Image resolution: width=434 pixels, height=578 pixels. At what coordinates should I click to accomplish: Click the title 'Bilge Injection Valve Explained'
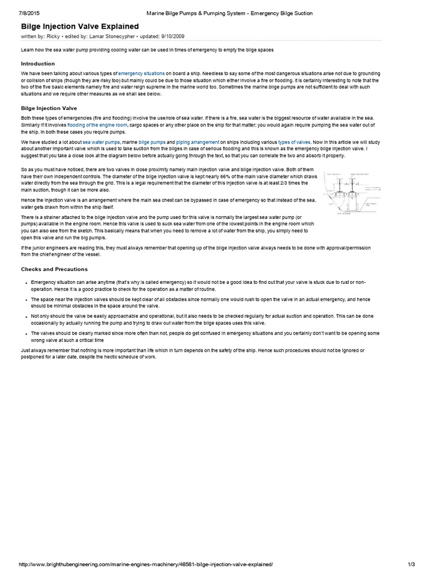[79, 26]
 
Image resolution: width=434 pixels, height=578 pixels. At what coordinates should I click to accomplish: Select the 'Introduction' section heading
[38, 64]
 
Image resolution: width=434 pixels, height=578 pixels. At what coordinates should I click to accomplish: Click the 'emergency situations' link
[141, 74]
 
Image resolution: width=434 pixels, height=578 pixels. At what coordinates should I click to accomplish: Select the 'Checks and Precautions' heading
[54, 269]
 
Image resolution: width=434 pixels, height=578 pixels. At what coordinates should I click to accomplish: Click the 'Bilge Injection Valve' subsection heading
[49, 108]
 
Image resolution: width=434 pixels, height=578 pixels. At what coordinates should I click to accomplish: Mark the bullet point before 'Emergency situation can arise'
[25, 282]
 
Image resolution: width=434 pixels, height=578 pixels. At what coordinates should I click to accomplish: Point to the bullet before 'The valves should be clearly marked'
[25, 334]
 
